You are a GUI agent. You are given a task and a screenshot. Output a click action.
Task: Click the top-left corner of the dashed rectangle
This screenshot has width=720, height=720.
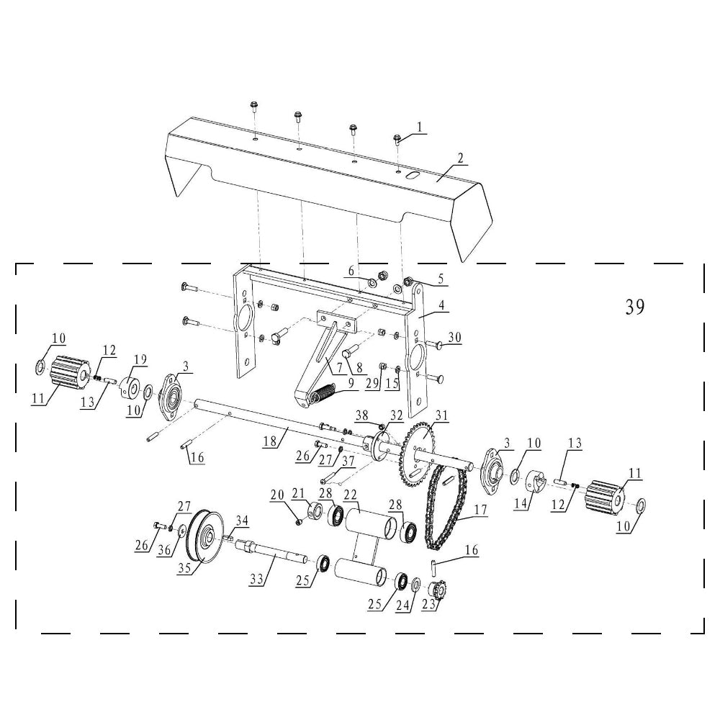[x=16, y=264]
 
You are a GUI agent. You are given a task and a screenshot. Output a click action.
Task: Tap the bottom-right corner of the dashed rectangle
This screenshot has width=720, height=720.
[x=704, y=633]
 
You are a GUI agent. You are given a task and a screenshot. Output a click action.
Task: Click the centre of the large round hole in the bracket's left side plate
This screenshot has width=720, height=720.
[x=243, y=318]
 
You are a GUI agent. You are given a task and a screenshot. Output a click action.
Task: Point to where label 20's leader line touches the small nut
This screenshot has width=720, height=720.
[x=300, y=521]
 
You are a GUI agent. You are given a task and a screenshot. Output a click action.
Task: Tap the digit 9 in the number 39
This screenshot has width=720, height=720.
[x=639, y=307]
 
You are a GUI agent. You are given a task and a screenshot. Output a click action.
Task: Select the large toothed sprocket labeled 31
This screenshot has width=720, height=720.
[x=419, y=452]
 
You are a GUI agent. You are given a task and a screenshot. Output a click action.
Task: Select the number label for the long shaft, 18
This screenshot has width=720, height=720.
[x=270, y=441]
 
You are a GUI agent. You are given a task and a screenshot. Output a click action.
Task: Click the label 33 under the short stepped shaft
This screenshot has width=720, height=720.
[x=256, y=580]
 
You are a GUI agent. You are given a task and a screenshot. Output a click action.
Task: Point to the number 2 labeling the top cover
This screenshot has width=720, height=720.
[x=461, y=158]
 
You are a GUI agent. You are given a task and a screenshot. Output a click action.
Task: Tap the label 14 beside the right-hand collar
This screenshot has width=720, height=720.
[x=521, y=503]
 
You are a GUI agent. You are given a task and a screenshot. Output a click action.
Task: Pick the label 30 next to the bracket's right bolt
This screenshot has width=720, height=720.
[x=454, y=337]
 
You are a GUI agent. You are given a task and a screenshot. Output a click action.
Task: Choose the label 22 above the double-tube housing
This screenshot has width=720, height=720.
[x=351, y=495]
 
